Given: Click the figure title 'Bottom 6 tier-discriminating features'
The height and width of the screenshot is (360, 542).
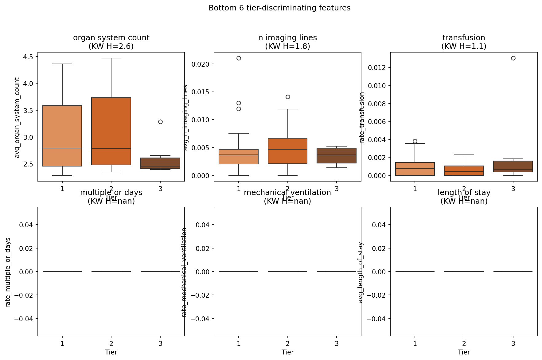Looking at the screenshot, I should pos(279,8).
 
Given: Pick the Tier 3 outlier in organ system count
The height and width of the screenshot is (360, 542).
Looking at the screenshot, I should pos(160,122).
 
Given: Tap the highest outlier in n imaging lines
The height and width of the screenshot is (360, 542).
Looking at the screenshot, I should pos(239,58).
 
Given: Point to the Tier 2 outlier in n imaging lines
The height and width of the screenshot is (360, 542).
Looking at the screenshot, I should pos(288,97).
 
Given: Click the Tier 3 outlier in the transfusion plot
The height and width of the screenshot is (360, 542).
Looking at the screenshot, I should pos(513,58).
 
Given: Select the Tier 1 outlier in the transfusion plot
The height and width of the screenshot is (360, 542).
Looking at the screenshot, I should pos(415,141).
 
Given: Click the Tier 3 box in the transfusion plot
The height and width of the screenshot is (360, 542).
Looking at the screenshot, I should pos(513,166).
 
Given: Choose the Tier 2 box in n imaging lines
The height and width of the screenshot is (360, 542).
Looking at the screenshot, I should pos(288,151).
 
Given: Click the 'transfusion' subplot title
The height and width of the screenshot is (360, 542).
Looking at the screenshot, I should pos(464,38).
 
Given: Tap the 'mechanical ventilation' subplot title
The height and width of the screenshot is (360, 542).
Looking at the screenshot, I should pos(287,193).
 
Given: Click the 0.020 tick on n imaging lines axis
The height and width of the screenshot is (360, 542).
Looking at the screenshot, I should pos(201,64).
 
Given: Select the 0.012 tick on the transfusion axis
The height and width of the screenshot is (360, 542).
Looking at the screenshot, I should pos(377,68).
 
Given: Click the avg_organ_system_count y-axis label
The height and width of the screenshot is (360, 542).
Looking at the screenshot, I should pos(17,117).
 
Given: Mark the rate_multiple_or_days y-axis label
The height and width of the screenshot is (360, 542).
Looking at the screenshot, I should pos(8,272).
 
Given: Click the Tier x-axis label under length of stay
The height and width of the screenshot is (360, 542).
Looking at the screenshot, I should pos(464,352).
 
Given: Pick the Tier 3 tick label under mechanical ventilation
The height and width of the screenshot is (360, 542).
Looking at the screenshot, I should pos(337,343).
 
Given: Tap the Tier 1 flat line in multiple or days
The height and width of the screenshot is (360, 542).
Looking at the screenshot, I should pos(62,272).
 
